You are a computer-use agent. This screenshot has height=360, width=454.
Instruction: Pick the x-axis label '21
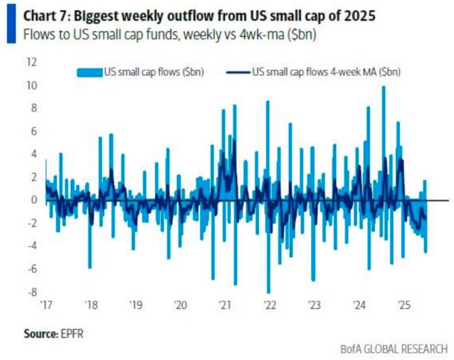[224, 305]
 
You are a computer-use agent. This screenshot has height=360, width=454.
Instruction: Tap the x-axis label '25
[402, 305]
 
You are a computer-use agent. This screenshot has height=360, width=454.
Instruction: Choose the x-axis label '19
[136, 305]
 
